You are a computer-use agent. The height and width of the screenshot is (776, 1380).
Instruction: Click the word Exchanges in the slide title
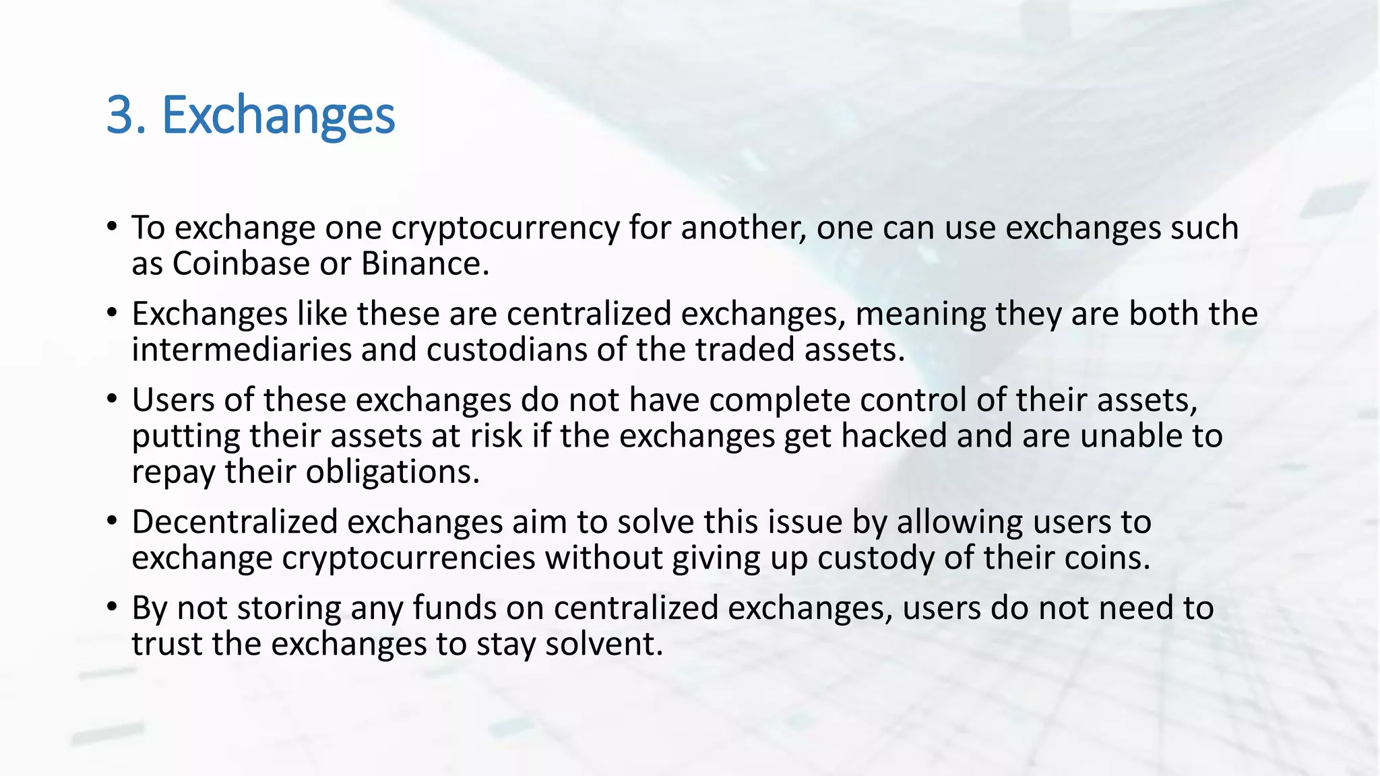click(278, 116)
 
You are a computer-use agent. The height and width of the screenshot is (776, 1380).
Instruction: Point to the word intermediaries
click(241, 350)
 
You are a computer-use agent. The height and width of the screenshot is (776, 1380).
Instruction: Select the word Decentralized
click(234, 522)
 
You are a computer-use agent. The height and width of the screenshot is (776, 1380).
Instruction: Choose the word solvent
click(603, 644)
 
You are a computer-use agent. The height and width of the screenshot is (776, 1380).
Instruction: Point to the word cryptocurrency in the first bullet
click(505, 228)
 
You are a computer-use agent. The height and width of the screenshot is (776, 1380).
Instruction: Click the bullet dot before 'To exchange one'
click(112, 226)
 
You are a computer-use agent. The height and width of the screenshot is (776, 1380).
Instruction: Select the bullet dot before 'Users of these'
click(112, 398)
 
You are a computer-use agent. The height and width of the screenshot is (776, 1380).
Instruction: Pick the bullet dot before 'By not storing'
click(112, 606)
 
